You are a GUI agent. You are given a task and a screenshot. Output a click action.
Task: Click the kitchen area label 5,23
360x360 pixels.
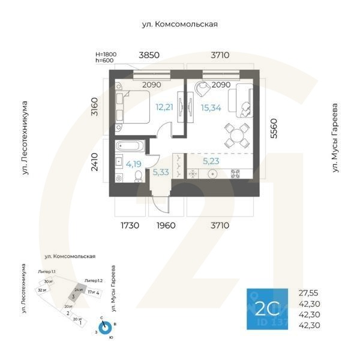click(x=211, y=161)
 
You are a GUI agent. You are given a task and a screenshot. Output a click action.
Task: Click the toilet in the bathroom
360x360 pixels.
click(x=138, y=175)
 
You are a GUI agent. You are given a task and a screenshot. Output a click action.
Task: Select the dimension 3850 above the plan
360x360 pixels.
click(x=149, y=55)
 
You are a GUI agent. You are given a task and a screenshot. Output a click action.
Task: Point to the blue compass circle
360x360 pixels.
click(x=106, y=328)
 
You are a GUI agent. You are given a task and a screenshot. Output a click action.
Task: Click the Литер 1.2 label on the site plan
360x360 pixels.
click(x=94, y=280)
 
